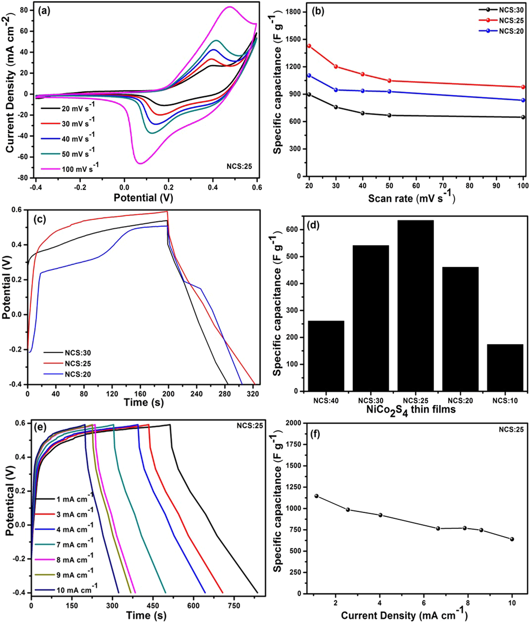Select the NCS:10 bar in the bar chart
click(x=505, y=368)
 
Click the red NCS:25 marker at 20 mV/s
click(x=309, y=46)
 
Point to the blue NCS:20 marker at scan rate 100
click(x=523, y=100)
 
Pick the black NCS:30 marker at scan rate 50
click(x=389, y=115)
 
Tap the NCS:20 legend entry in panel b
click(x=511, y=31)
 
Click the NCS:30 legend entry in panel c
click(x=78, y=353)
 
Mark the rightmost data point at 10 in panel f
click(x=512, y=539)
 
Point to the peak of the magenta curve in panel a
click(x=229, y=7)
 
